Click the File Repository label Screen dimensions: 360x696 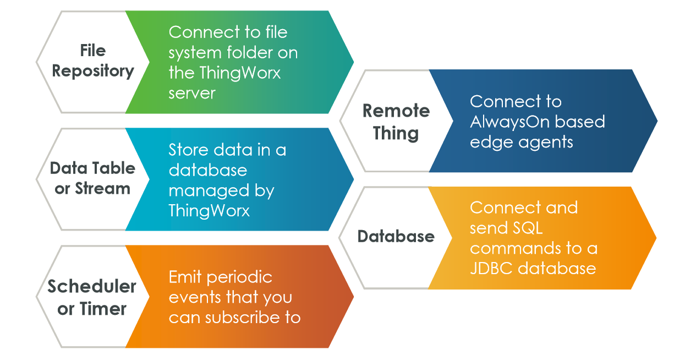click(x=92, y=61)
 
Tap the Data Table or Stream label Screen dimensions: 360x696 click(x=92, y=178)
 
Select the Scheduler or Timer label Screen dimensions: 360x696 click(x=92, y=297)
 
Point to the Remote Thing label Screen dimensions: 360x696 click(x=396, y=122)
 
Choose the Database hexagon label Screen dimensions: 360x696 click(x=396, y=237)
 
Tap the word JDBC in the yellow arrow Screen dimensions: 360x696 click(x=492, y=268)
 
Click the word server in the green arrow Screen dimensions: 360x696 click(x=191, y=93)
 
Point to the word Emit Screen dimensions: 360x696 click(x=185, y=276)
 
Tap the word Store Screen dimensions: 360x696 click(x=187, y=150)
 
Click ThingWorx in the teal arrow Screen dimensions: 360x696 click(x=209, y=211)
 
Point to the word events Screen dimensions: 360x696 click(x=195, y=297)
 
